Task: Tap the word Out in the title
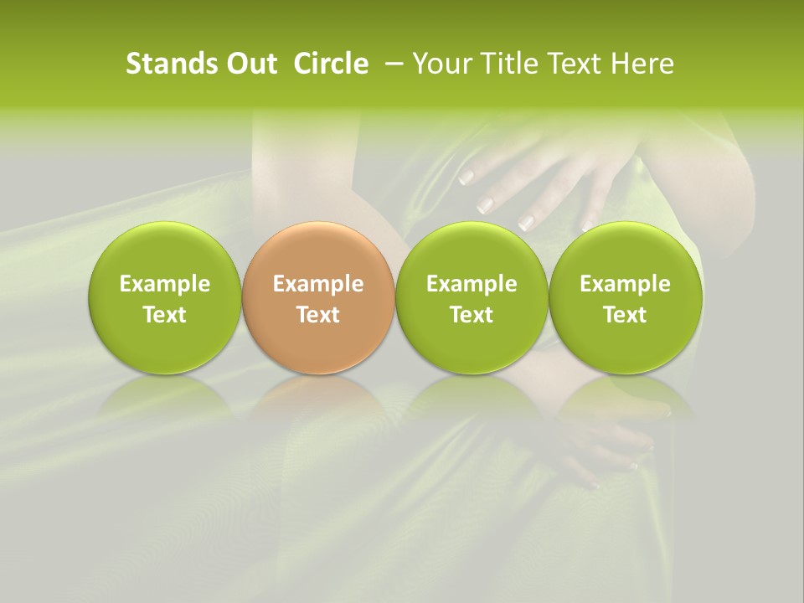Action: [250, 64]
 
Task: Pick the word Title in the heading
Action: [508, 64]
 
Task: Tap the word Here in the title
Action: [641, 64]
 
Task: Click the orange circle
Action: [318, 298]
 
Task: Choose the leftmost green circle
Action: [164, 298]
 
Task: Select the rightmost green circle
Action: [625, 298]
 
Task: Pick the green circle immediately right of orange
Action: [472, 298]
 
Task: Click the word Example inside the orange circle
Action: [318, 284]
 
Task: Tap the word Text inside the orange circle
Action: [318, 315]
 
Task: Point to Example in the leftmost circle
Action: [164, 284]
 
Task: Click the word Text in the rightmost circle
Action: [625, 315]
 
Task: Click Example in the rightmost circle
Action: [625, 284]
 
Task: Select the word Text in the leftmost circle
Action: [164, 315]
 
